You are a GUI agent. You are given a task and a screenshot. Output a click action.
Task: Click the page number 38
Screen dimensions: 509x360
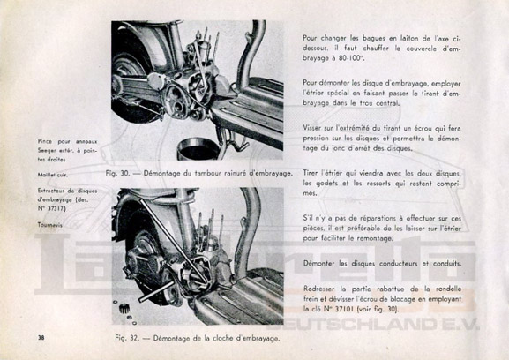coord(41,338)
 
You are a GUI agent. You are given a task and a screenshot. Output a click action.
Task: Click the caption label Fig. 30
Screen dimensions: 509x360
coord(117,173)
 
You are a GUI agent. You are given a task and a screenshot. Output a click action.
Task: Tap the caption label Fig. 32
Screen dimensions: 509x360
coord(127,338)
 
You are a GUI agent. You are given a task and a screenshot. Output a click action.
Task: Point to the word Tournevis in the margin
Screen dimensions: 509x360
coord(49,225)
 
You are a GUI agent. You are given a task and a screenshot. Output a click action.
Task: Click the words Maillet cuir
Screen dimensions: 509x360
coord(53,175)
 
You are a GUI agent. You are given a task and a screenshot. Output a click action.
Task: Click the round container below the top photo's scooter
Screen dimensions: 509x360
coord(198,149)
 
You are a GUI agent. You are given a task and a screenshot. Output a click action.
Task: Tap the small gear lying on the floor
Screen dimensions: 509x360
coord(124,308)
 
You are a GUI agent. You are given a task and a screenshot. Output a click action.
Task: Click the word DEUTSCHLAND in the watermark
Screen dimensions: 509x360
coord(361,323)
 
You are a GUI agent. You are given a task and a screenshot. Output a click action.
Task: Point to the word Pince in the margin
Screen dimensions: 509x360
coord(44,141)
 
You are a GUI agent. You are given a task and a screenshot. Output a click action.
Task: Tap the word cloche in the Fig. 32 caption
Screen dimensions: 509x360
coord(223,338)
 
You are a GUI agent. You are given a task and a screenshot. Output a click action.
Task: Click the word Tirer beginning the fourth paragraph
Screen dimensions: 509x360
coord(311,173)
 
